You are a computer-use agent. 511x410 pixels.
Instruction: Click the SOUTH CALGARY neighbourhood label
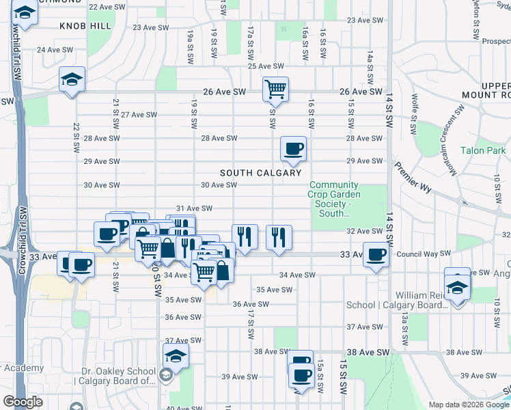pos(260,173)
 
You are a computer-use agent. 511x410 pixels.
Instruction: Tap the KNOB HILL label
pos(85,25)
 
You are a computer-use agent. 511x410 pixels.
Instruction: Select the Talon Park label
pos(482,150)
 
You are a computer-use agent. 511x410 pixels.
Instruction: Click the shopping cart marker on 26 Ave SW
pos(275,89)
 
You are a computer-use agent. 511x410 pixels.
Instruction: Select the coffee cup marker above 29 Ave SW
pos(293,149)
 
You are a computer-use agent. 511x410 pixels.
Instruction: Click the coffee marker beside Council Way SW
pos(376,255)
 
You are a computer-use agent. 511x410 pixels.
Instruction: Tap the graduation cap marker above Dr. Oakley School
pos(176,355)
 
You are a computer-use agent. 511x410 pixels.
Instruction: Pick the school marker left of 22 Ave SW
pos(25,13)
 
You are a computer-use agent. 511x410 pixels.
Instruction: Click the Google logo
pos(23,402)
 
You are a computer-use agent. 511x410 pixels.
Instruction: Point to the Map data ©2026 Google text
pos(467,405)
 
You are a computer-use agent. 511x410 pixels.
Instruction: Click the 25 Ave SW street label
pos(265,66)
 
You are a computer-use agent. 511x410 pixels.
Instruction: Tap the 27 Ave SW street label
pos(139,114)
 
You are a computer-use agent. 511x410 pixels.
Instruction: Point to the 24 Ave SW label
pos(55,50)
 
